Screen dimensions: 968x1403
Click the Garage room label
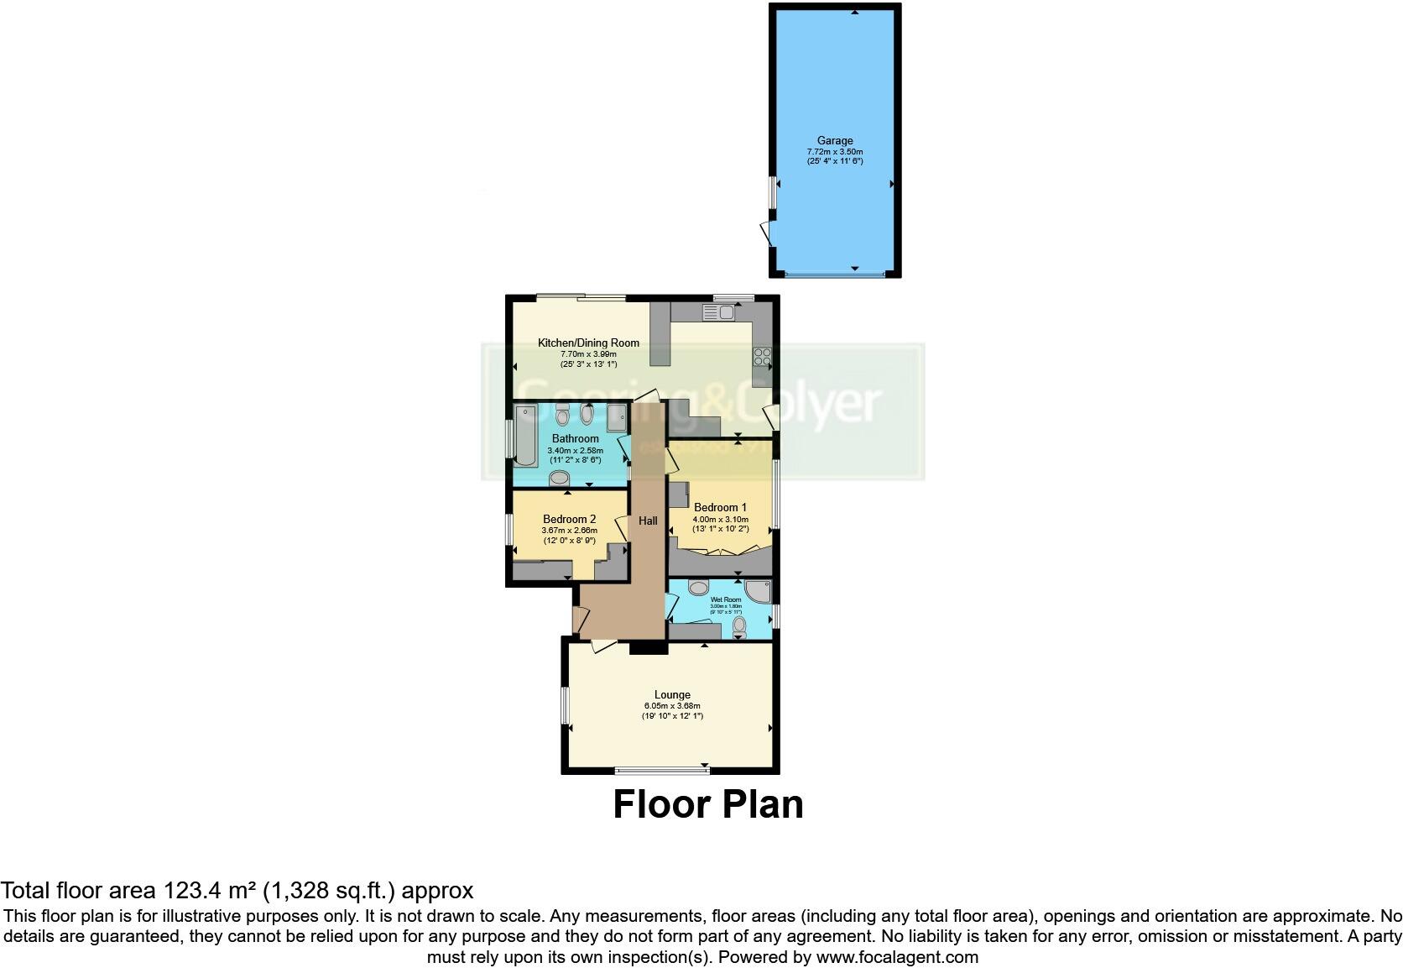[835, 141]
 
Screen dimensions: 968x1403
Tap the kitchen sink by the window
[719, 313]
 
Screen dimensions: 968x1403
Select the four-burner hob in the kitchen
[763, 357]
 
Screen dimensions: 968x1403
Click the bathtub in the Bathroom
[525, 434]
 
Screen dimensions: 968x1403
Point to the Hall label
[648, 521]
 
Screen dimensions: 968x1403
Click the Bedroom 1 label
[720, 507]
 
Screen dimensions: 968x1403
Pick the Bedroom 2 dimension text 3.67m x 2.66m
[569, 531]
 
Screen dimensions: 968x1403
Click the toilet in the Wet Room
[738, 627]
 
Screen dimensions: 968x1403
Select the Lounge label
[672, 694]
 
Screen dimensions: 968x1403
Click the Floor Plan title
[707, 803]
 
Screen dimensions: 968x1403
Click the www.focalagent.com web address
[896, 957]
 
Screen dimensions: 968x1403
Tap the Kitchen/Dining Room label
[588, 343]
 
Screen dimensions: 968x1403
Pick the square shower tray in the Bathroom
[616, 416]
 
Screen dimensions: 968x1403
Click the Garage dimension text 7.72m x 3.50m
[835, 152]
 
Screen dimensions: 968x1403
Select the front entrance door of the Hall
[576, 620]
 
